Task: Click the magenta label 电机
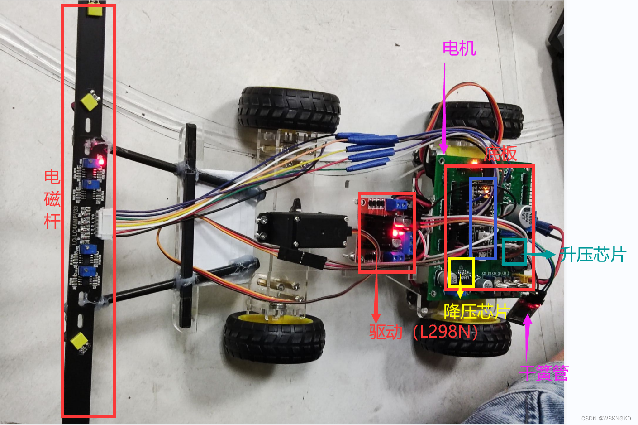459,48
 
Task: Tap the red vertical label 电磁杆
52,199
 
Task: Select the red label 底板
500,154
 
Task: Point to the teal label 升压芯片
593,255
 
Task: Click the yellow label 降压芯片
476,312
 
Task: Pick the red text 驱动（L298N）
424,332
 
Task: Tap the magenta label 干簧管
544,373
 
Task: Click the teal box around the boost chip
514,251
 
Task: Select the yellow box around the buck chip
461,272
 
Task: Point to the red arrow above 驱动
376,295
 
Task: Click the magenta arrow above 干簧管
527,340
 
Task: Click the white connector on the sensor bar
104,223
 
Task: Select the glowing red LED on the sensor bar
100,161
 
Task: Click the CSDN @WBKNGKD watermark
606,418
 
